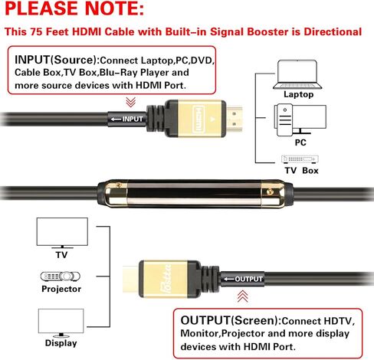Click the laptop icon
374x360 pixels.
[x=298, y=73]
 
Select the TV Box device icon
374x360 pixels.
[x=298, y=159]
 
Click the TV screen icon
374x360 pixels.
[x=59, y=231]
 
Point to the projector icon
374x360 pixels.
[x=59, y=276]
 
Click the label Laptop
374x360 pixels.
[x=298, y=94]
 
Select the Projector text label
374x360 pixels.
[x=61, y=290]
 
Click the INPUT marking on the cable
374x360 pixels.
[x=128, y=119]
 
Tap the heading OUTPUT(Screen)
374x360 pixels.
[x=227, y=319]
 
